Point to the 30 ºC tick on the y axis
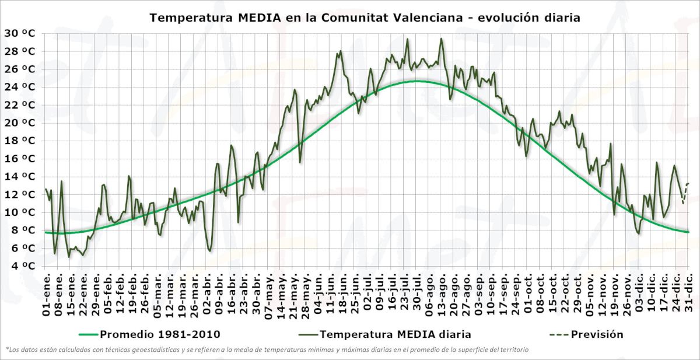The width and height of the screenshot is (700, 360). (x=20, y=33)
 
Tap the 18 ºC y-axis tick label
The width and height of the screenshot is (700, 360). (x=20, y=141)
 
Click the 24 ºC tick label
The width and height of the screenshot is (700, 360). (x=20, y=87)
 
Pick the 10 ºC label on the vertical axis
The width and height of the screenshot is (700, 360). (x=20, y=212)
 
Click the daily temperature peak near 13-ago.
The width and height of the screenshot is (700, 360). (x=441, y=39)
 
